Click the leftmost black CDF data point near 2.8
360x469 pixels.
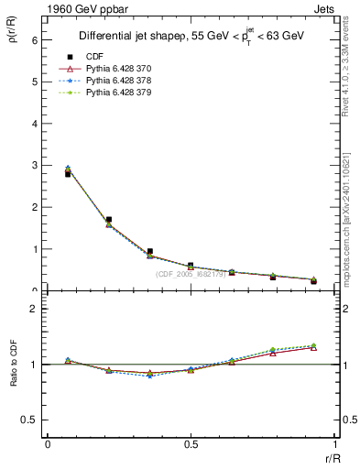tap(68, 173)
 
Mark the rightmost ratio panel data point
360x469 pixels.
tap(313, 346)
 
